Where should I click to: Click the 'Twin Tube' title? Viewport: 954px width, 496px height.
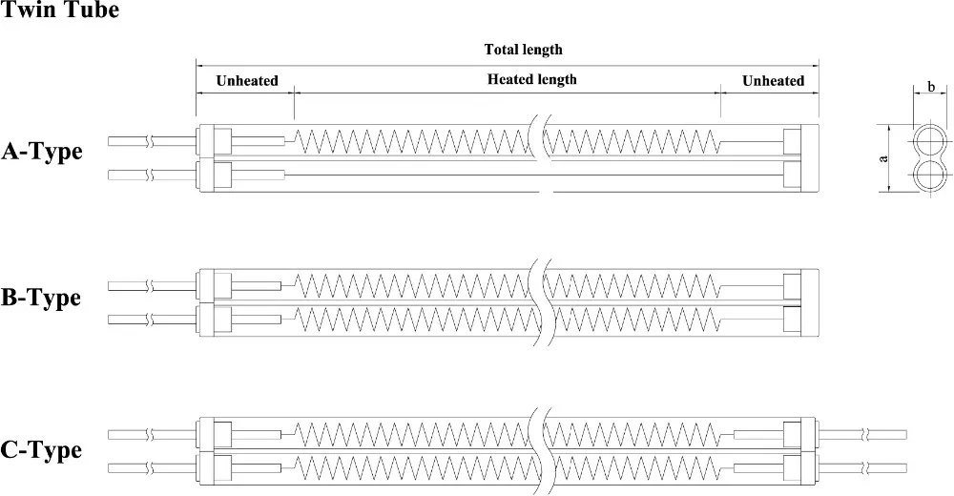coord(59,13)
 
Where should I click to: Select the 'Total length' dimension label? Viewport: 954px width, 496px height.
coord(524,50)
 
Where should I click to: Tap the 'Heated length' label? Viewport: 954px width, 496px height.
coord(531,79)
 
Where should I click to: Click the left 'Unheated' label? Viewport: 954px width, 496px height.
coord(246,80)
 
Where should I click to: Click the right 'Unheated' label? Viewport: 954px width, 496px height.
coord(773,80)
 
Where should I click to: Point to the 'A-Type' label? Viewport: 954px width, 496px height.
coord(42,152)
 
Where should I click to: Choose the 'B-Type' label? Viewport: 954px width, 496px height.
coord(41,299)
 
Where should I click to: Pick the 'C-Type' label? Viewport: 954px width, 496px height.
coord(42,449)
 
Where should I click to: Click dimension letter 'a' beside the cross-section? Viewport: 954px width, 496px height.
coord(883,158)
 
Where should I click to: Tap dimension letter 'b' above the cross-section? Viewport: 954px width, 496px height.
coord(929,89)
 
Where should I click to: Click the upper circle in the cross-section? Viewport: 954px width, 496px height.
coord(929,143)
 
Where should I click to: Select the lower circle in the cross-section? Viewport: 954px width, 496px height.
coord(929,175)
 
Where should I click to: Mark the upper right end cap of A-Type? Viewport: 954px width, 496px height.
coord(791,141)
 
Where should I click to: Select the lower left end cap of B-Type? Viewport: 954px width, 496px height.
coord(221,318)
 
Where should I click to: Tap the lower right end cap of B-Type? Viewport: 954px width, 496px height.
coord(791,318)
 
